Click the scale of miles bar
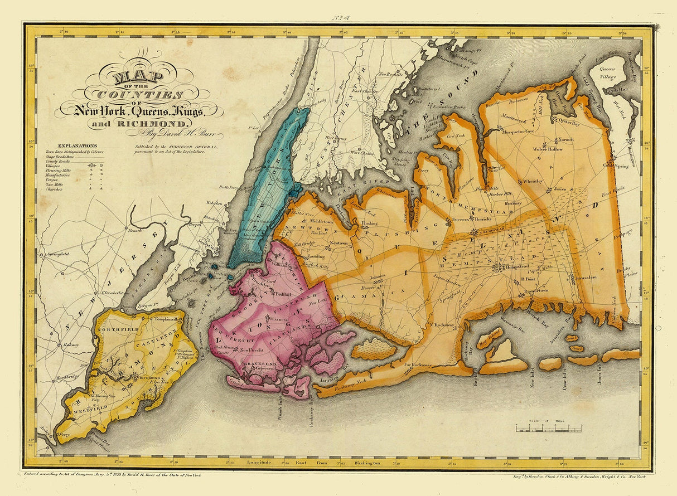(548, 429)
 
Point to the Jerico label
(559, 189)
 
